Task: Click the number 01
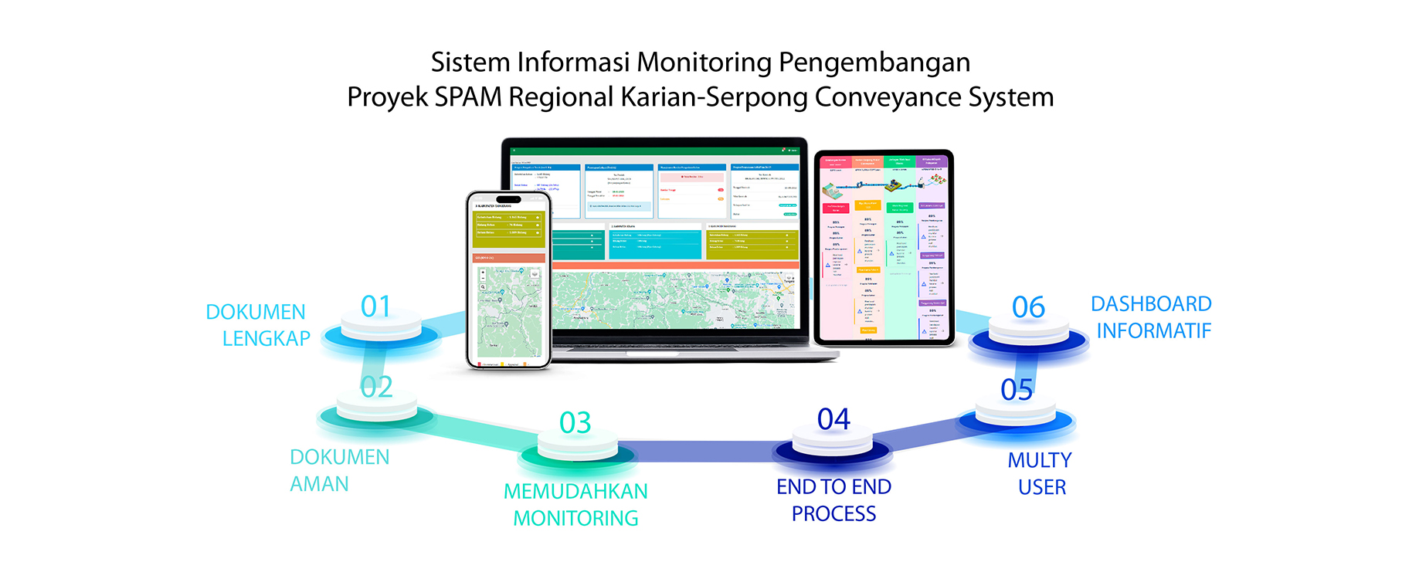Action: click(x=376, y=306)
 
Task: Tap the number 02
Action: click(x=377, y=387)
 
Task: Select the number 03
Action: click(x=575, y=422)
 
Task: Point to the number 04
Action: click(x=833, y=419)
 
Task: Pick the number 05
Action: click(x=1017, y=390)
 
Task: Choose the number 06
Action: click(x=1028, y=307)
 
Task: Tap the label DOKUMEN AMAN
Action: click(x=338, y=470)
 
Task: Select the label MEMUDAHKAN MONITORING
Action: click(x=575, y=504)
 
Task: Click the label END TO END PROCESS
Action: click(x=833, y=499)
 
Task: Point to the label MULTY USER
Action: click(x=1040, y=473)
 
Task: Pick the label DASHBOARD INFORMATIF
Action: click(x=1152, y=317)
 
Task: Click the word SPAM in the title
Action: click(x=467, y=97)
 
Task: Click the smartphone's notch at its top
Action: click(x=508, y=199)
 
